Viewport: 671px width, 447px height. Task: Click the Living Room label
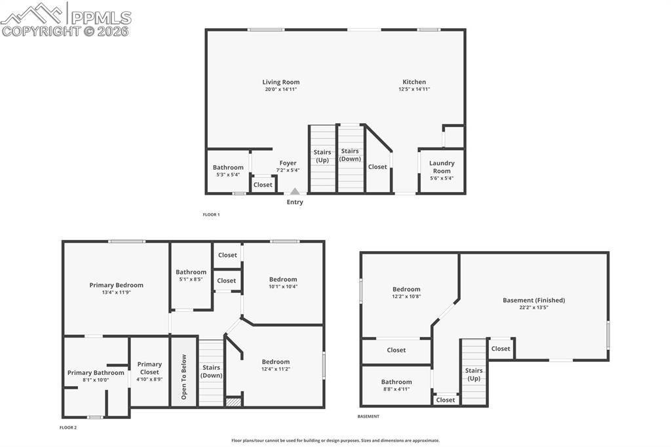point(281,83)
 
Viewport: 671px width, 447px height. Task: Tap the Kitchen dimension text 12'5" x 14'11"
point(416,89)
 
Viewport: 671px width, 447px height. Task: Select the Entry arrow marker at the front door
point(295,191)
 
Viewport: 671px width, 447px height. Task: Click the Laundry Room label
point(442,167)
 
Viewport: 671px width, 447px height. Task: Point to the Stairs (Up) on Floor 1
point(322,156)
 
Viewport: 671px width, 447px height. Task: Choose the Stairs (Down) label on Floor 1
point(350,155)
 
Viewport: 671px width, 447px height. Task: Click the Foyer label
point(288,163)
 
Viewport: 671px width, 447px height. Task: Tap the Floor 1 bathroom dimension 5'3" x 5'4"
point(228,175)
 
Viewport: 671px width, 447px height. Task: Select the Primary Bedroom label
point(116,285)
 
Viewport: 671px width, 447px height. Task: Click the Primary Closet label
point(149,368)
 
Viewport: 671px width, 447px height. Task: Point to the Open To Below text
point(184,378)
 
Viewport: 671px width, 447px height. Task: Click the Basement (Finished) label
point(533,300)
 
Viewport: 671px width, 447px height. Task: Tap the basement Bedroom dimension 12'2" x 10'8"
point(406,296)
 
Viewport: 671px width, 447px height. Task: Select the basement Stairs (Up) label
point(474,375)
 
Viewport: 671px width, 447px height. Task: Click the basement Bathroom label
point(396,382)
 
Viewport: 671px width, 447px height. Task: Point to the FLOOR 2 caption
point(68,427)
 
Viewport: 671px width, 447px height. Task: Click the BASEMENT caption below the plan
point(368,416)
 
